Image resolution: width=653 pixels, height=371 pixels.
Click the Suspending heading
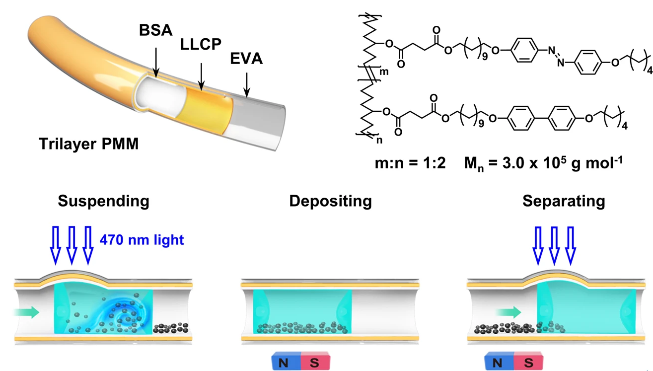click(x=103, y=201)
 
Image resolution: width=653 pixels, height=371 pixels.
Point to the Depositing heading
click(x=330, y=201)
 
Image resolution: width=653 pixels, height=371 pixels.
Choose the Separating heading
click(x=564, y=201)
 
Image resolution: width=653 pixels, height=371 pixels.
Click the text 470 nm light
click(x=142, y=240)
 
